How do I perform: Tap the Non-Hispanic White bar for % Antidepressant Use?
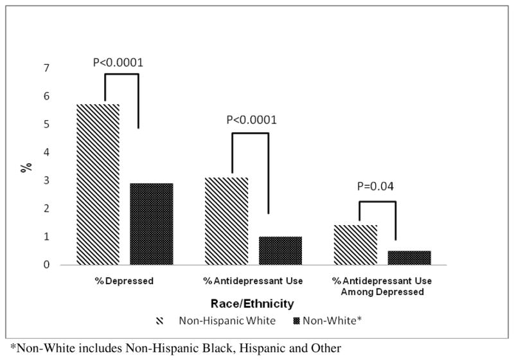(226, 221)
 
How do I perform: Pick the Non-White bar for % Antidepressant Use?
(280, 251)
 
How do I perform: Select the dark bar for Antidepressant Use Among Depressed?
(409, 258)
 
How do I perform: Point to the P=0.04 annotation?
(377, 187)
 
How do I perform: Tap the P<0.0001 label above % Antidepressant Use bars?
(251, 120)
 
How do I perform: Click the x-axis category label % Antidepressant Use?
(253, 282)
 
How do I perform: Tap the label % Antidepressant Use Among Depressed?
(382, 287)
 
